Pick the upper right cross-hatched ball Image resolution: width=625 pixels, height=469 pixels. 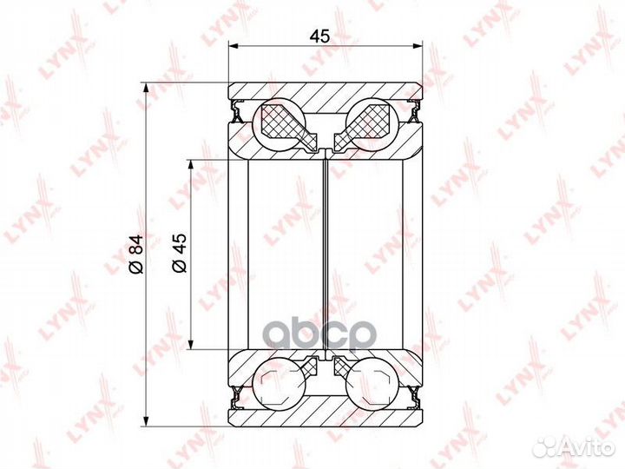click(370, 121)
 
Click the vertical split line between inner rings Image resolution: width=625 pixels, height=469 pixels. click(326, 256)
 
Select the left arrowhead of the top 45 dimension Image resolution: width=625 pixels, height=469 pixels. click(234, 49)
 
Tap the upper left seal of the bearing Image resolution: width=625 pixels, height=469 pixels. click(235, 110)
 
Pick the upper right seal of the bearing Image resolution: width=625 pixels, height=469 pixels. click(416, 110)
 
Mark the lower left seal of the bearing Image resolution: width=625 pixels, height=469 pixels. click(235, 400)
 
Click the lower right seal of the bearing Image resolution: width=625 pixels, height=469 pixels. click(416, 400)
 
